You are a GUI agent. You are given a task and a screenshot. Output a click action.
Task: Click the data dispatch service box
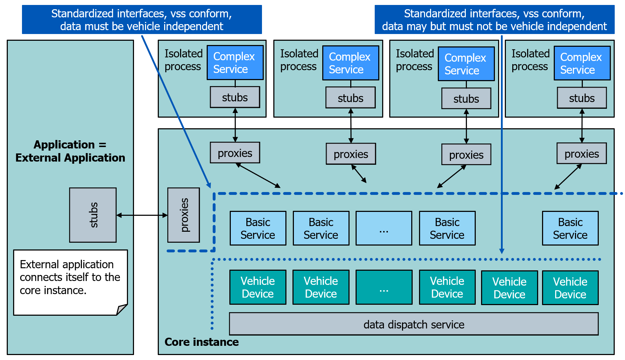[414, 324]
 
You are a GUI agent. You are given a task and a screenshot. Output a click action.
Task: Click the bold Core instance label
[201, 342]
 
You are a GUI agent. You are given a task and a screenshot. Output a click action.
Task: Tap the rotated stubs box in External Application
[93, 215]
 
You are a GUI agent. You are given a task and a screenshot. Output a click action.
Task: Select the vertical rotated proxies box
[184, 215]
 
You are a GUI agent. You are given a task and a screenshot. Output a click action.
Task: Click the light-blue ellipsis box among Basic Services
[384, 228]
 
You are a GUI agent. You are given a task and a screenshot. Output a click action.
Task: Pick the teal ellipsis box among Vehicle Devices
[384, 287]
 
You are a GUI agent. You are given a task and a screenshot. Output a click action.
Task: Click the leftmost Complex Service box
[235, 63]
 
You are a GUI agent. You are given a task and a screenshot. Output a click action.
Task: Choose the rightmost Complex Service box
[582, 63]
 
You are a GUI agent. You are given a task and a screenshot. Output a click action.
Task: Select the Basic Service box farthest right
[570, 228]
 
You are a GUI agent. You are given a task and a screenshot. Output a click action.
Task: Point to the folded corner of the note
[122, 310]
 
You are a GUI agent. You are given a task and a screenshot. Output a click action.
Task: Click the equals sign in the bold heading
[102, 145]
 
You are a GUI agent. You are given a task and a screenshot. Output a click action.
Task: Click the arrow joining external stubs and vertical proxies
[142, 215]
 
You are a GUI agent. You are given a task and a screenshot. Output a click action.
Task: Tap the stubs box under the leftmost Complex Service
[235, 97]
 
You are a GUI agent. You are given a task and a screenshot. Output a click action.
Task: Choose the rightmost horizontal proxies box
[581, 153]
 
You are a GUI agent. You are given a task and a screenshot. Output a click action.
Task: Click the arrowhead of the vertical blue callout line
[502, 251]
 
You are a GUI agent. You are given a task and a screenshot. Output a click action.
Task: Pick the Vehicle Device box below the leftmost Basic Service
[258, 287]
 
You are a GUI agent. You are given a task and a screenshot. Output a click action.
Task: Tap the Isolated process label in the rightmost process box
[530, 60]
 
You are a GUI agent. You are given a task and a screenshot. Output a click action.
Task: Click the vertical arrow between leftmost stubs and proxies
[235, 125]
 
